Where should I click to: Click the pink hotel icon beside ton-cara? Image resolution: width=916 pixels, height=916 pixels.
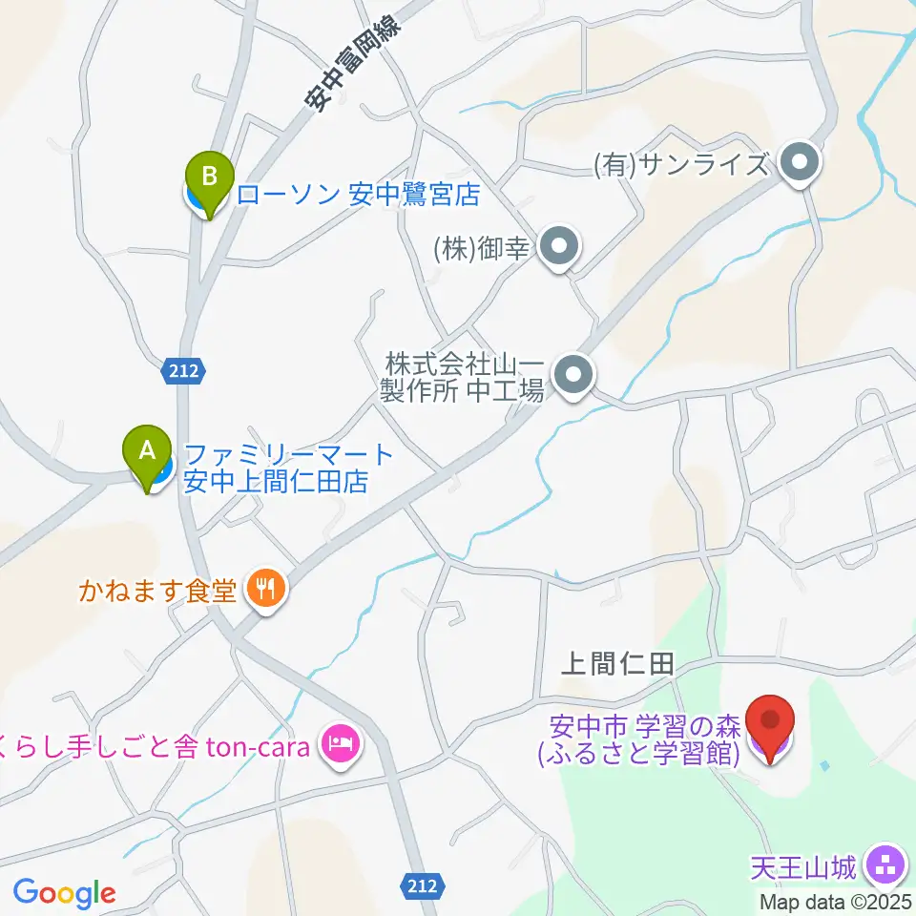click(339, 742)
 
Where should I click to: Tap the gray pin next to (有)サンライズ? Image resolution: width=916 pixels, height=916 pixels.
click(800, 162)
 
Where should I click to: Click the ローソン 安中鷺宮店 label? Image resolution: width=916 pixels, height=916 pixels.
click(357, 196)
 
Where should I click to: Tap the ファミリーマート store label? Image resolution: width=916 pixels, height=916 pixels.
click(288, 468)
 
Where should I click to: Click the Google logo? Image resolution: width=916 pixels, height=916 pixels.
click(64, 892)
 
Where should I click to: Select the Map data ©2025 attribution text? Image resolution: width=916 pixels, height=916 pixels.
click(836, 901)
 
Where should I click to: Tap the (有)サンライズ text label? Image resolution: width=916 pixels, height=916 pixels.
click(680, 165)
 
